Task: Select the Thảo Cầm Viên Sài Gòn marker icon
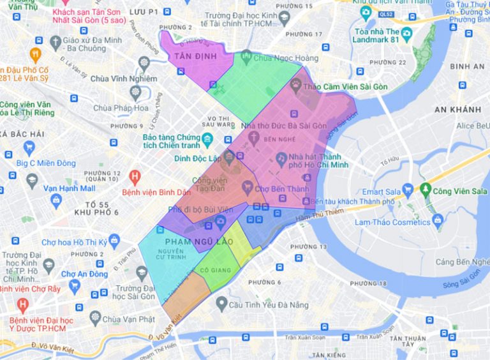(x=296, y=83)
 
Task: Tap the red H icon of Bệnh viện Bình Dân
(x=135, y=175)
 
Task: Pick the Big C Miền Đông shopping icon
(x=29, y=148)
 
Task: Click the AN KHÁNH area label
(x=457, y=109)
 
